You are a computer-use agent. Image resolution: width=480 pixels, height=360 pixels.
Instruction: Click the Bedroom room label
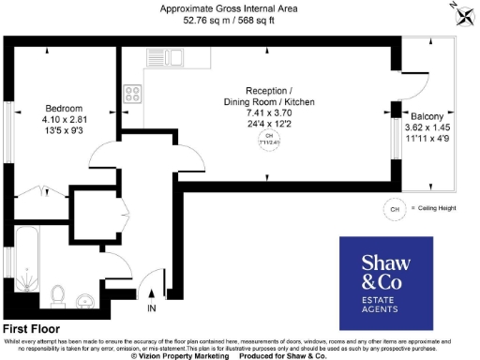point(65,108)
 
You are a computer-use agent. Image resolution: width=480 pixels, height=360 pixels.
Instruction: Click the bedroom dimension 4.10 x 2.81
point(65,120)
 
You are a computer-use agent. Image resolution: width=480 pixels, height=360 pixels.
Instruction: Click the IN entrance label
point(152,307)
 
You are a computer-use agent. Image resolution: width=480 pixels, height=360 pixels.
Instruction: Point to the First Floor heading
point(31,329)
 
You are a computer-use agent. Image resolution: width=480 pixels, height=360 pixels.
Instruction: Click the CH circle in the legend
point(394,208)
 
